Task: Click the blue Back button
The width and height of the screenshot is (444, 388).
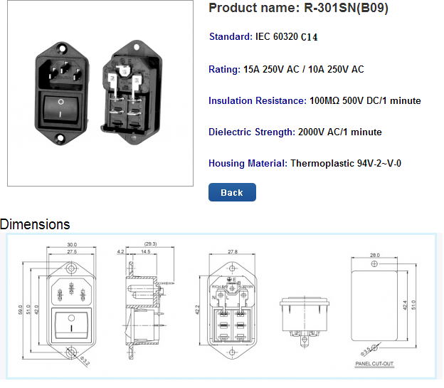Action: [232, 192]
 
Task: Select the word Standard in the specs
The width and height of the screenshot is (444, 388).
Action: [231, 36]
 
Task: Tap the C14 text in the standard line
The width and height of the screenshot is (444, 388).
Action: [310, 36]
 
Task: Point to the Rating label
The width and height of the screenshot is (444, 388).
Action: [223, 69]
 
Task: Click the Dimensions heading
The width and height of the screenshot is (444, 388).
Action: [35, 225]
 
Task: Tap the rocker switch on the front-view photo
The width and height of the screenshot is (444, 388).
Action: [62, 108]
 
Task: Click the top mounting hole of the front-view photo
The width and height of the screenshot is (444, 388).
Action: [62, 51]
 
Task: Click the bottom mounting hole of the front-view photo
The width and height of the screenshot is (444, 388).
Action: [62, 137]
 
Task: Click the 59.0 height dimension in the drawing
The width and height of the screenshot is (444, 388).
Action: [20, 310]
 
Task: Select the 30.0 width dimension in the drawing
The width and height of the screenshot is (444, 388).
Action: [72, 244]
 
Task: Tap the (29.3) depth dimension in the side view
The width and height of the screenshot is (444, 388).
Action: [150, 244]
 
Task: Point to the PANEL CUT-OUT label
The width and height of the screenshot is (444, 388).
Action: [374, 364]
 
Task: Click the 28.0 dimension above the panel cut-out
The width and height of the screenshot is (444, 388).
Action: [375, 254]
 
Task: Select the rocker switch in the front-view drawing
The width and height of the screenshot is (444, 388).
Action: [72, 324]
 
